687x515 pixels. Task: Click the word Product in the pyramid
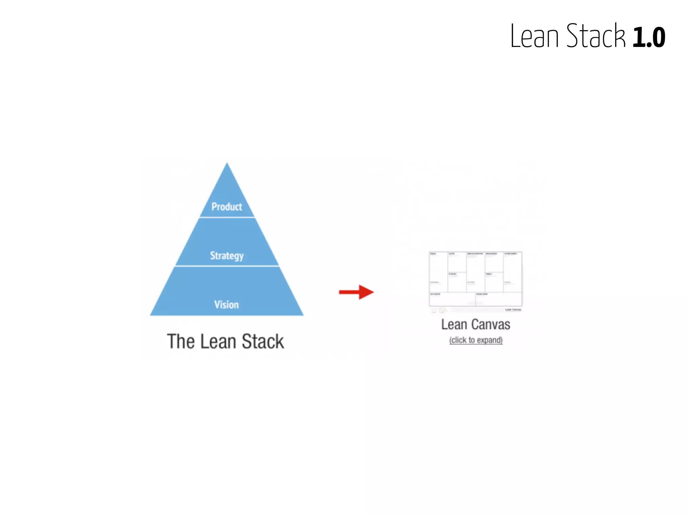click(227, 207)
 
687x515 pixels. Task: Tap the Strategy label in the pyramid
click(227, 255)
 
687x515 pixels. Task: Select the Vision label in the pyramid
click(227, 304)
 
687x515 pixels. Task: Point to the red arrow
click(356, 292)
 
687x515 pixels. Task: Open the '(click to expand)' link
click(476, 340)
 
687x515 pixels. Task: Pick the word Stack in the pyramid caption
click(263, 342)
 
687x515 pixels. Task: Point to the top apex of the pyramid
click(227, 164)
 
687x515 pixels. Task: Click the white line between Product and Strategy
click(227, 217)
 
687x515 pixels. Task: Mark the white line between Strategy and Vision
click(227, 266)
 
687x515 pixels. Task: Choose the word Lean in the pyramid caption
click(218, 342)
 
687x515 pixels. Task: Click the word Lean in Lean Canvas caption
click(454, 325)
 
